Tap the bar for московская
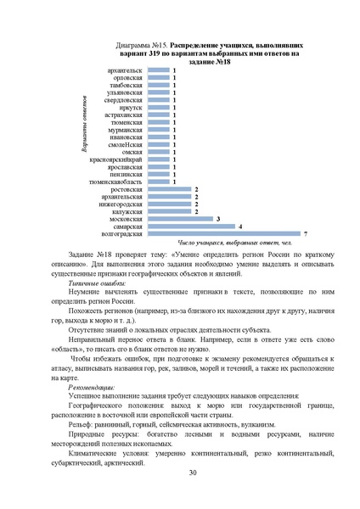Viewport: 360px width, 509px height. click(181, 218)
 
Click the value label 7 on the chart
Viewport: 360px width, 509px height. click(305, 233)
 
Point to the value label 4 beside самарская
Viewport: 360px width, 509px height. click(240, 226)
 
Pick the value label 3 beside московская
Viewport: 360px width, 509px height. click(218, 218)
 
